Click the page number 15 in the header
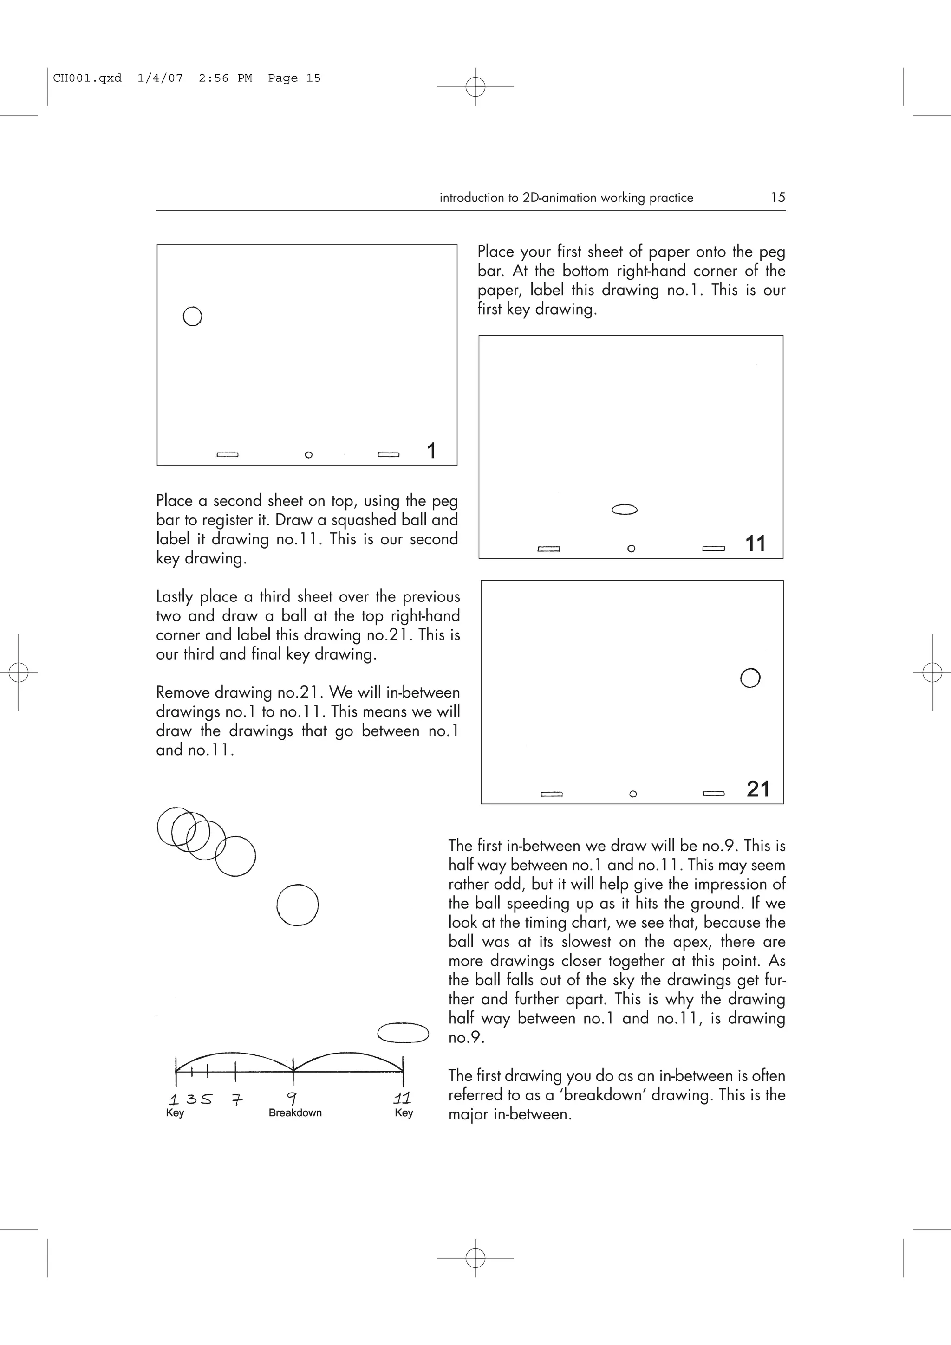pyautogui.click(x=777, y=197)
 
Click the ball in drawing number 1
pyautogui.click(x=192, y=317)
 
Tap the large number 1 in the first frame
pyautogui.click(x=431, y=451)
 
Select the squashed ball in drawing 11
pyautogui.click(x=625, y=510)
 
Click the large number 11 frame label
pyautogui.click(x=756, y=543)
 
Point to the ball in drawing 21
pyautogui.click(x=750, y=678)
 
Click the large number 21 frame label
pyautogui.click(x=758, y=789)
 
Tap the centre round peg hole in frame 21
pyautogui.click(x=633, y=794)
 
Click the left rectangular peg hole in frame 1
pyautogui.click(x=228, y=454)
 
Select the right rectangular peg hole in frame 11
pyautogui.click(x=713, y=548)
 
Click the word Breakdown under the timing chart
pyautogui.click(x=295, y=1112)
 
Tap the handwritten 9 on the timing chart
pyautogui.click(x=291, y=1098)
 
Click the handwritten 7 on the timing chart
pyautogui.click(x=236, y=1099)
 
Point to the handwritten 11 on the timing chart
pyautogui.click(x=402, y=1097)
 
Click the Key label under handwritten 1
pyautogui.click(x=175, y=1112)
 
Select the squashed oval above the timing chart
pyautogui.click(x=403, y=1032)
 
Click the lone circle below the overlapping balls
pyautogui.click(x=297, y=905)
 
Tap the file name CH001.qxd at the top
pyautogui.click(x=87, y=78)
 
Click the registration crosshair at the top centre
pyautogui.click(x=475, y=87)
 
